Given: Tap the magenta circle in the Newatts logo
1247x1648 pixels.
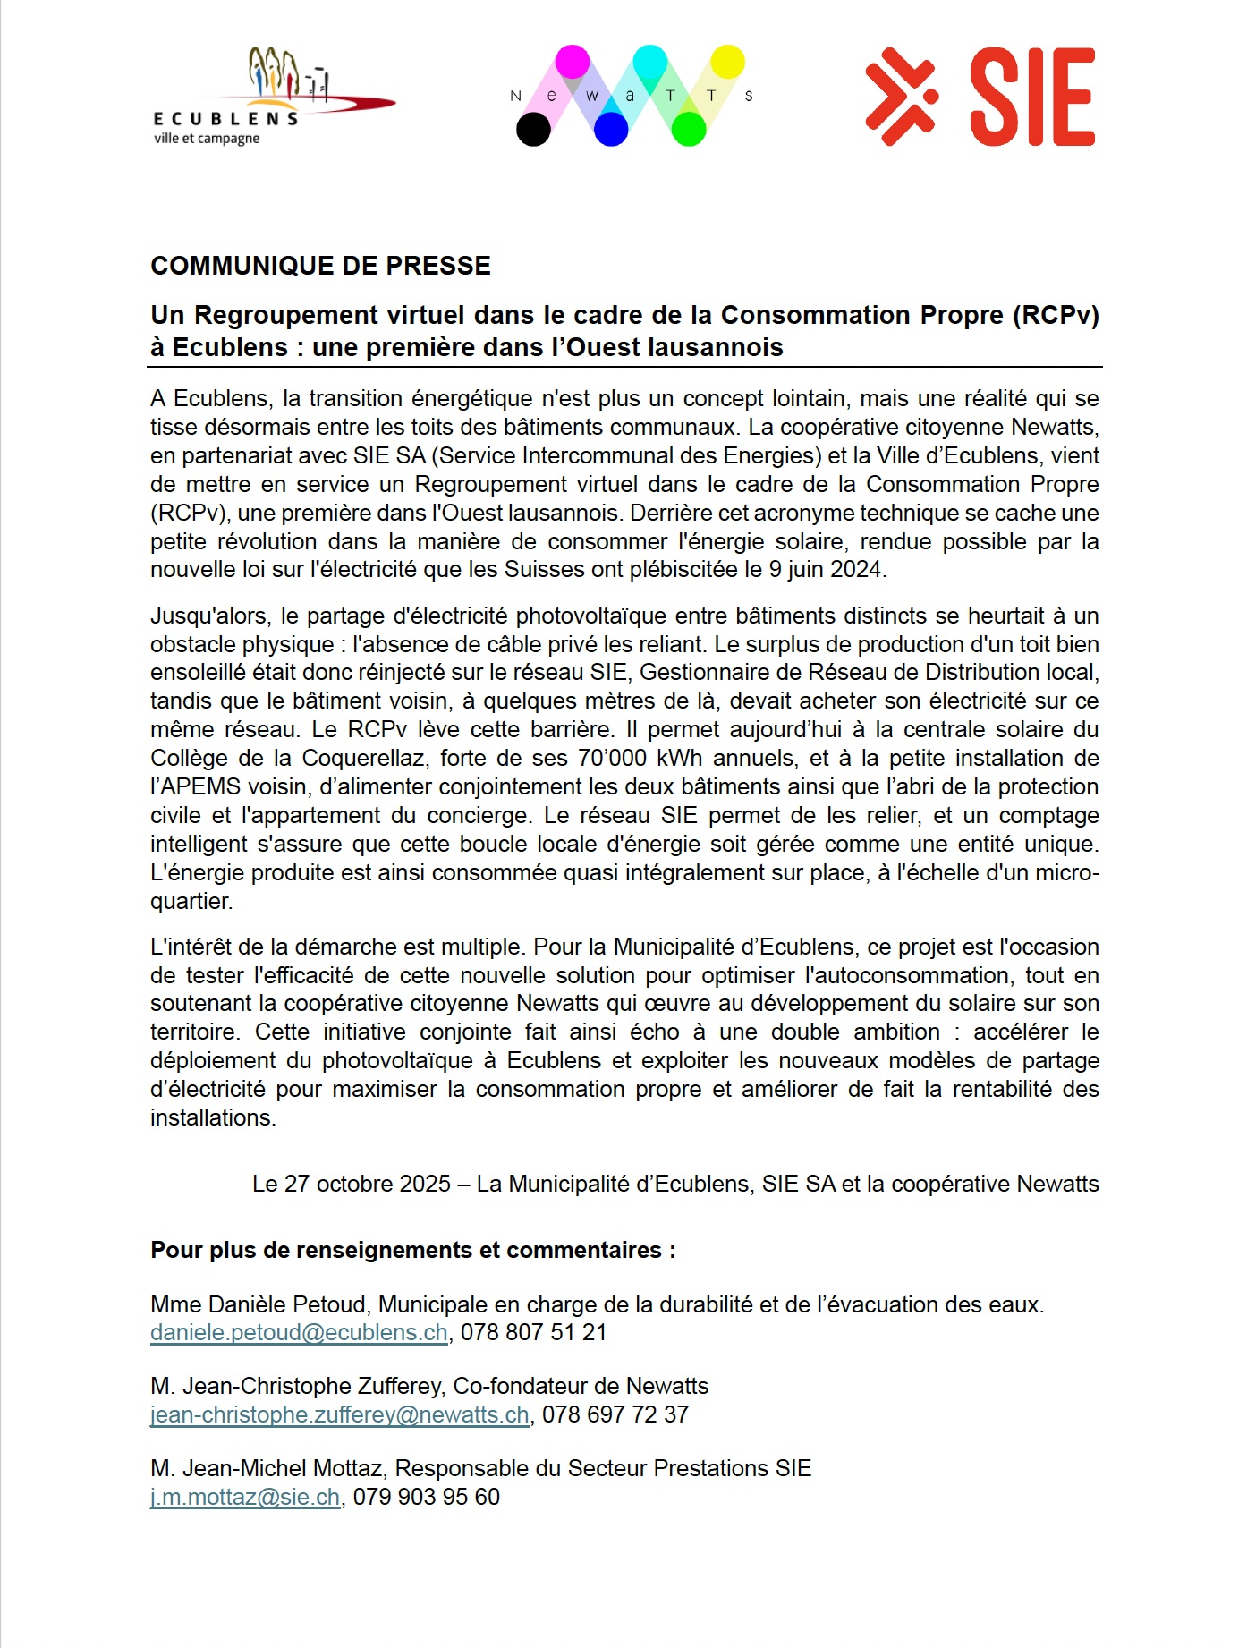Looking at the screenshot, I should [x=573, y=62].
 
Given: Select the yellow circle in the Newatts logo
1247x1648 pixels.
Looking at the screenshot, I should [x=727, y=62].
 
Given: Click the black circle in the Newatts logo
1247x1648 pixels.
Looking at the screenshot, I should [x=534, y=130].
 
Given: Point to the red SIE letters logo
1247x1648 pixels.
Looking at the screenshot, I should [x=1032, y=97].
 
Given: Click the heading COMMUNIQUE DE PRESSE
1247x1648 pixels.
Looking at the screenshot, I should [x=320, y=266].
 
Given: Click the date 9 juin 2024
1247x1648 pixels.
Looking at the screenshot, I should [x=826, y=570].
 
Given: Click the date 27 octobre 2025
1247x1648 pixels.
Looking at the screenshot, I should [x=351, y=1184].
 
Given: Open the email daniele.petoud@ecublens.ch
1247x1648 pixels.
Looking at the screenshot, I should [x=299, y=1332].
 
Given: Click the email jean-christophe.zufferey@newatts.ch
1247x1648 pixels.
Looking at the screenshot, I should [x=340, y=1414].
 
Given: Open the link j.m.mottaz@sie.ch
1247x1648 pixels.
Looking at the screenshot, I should [x=245, y=1497].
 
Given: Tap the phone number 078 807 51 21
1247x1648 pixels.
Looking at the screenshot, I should [x=533, y=1332].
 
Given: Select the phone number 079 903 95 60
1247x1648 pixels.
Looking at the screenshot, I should [x=426, y=1497].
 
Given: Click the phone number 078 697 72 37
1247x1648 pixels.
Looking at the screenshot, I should [x=615, y=1414].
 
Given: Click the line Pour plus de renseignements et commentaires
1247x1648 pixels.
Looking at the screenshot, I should [x=412, y=1250].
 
